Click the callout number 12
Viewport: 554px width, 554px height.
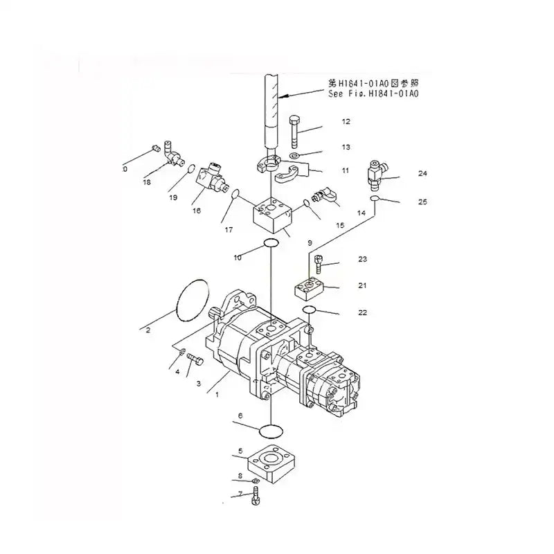pyautogui.click(x=346, y=122)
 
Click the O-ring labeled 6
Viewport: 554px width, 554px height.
pyautogui.click(x=270, y=432)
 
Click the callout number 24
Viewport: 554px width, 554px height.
pyautogui.click(x=422, y=174)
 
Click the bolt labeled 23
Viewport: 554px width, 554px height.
pyautogui.click(x=318, y=263)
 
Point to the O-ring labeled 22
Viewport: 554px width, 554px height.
pyautogui.click(x=310, y=309)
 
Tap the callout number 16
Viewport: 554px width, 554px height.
pyautogui.click(x=197, y=211)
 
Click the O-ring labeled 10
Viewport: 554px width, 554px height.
pyautogui.click(x=270, y=242)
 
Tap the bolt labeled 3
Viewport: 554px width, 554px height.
pyautogui.click(x=194, y=360)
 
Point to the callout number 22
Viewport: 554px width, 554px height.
pyautogui.click(x=363, y=312)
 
